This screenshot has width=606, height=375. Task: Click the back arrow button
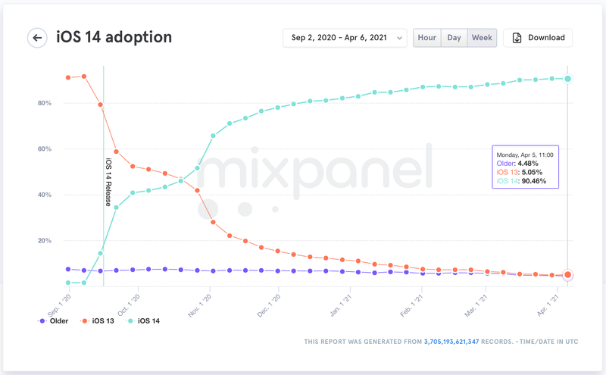(37, 38)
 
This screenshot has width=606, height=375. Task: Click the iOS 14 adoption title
(114, 37)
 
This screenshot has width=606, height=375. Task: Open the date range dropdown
(345, 38)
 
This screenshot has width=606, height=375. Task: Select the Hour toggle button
(427, 38)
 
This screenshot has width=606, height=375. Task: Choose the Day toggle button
(454, 38)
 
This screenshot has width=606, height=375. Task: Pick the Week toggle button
(482, 38)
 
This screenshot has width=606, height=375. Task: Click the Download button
(538, 38)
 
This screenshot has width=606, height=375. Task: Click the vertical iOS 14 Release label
(108, 182)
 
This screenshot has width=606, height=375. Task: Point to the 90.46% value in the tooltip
(533, 181)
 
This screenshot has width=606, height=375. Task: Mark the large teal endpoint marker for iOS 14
(568, 79)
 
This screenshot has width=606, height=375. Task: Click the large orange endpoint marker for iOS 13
(568, 275)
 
